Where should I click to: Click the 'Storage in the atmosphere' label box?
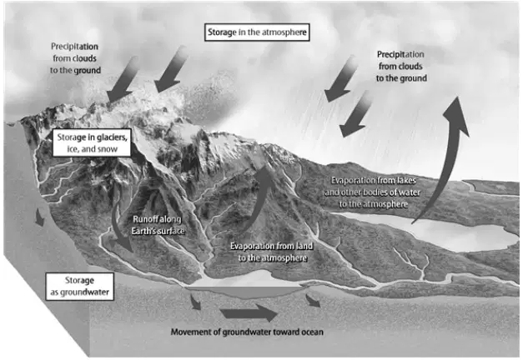(257, 32)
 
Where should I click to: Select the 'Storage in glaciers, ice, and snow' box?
(92, 142)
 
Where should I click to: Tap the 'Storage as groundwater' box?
(80, 287)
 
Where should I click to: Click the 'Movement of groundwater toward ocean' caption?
(247, 332)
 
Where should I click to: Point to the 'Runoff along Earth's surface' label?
(158, 225)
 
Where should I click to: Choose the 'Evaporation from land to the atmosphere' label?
(272, 252)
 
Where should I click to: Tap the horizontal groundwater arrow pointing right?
(249, 312)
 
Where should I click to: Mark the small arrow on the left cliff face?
(40, 217)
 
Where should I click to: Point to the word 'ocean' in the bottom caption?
(312, 332)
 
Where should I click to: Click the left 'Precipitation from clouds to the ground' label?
(75, 58)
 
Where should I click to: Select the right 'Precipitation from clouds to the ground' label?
(401, 67)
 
